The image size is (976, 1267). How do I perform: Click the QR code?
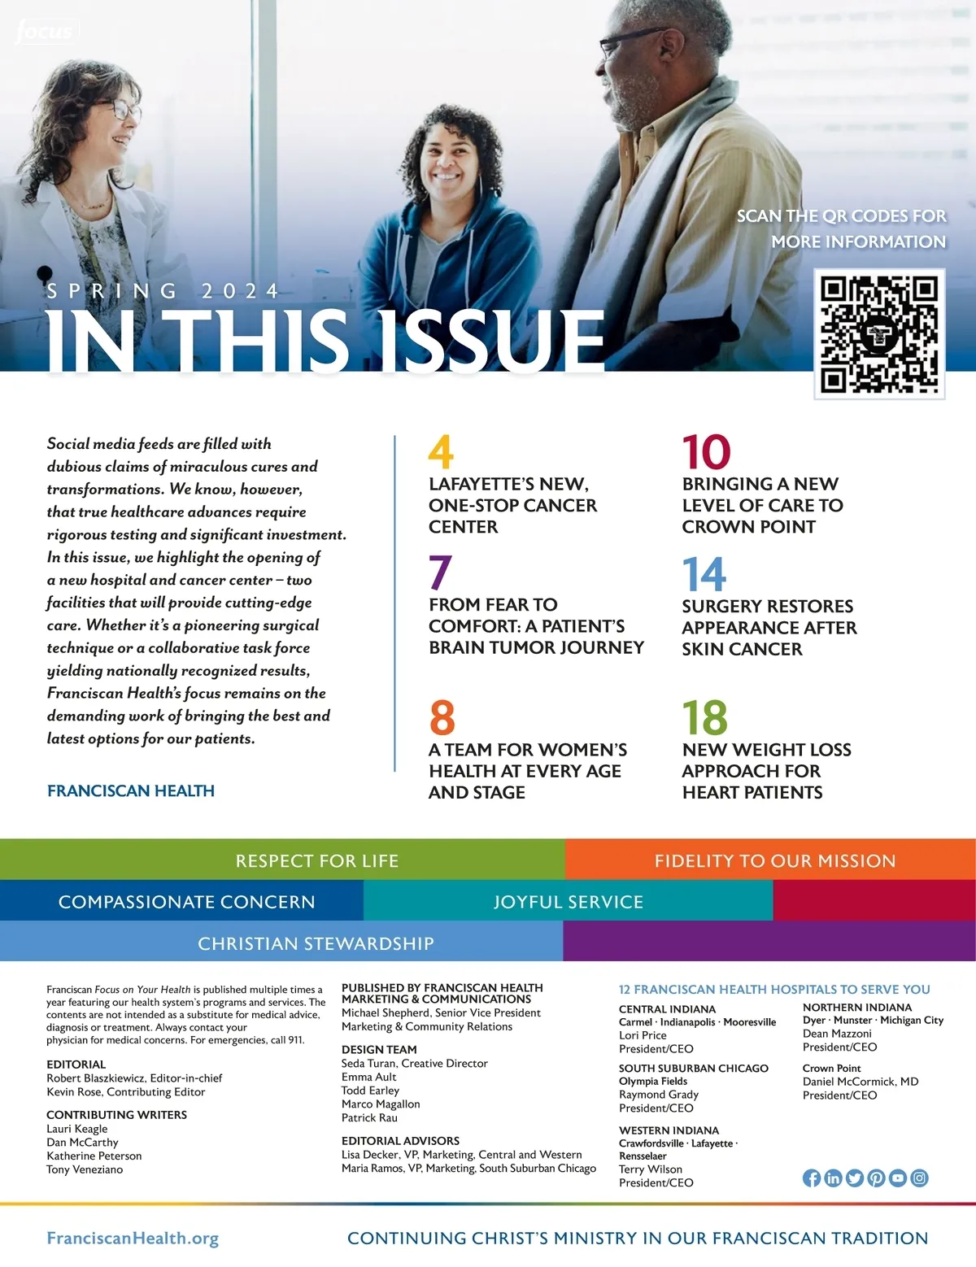tap(879, 334)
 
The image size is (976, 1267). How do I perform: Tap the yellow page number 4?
tap(441, 452)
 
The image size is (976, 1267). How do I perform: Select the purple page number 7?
tap(440, 573)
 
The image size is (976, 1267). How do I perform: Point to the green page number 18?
tap(704, 717)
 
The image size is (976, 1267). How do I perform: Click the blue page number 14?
tap(704, 574)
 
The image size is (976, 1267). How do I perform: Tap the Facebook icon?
tap(812, 1178)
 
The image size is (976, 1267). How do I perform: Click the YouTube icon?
tap(898, 1178)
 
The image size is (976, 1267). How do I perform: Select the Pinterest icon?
tap(876, 1178)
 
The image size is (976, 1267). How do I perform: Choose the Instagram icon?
tap(919, 1178)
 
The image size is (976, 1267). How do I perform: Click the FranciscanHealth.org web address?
tap(133, 1239)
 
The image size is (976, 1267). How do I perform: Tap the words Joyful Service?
tap(568, 902)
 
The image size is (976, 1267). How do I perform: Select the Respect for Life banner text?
tap(316, 860)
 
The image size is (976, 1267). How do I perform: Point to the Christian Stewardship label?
tap(316, 943)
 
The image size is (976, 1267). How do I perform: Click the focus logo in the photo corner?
tap(44, 33)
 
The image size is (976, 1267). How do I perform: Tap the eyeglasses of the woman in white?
tap(120, 111)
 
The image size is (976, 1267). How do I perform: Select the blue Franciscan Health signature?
tap(131, 790)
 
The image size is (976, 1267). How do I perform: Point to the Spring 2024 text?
tap(163, 291)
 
